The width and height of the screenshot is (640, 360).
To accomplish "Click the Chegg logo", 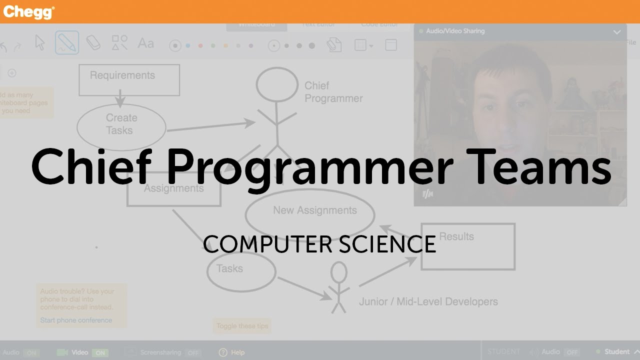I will [x=28, y=11].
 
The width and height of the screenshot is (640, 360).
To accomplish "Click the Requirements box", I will [x=129, y=79].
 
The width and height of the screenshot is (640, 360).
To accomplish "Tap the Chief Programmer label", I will [x=333, y=92].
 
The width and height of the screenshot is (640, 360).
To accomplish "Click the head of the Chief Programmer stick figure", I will [x=276, y=84].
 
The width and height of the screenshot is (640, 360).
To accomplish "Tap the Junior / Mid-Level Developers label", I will [x=428, y=301].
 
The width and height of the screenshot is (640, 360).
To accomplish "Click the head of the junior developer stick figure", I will [x=338, y=272].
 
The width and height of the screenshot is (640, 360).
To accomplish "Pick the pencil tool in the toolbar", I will [x=66, y=43].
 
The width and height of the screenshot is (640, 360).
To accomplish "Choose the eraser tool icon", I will [x=93, y=43].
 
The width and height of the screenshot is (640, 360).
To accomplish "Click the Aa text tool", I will [x=145, y=43].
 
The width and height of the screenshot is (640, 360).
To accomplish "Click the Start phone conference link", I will [x=76, y=320].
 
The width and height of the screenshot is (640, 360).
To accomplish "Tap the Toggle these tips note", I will [x=242, y=326].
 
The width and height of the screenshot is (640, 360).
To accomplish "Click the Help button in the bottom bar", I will [x=232, y=352].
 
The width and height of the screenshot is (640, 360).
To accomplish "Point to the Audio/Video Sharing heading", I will [x=455, y=31].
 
